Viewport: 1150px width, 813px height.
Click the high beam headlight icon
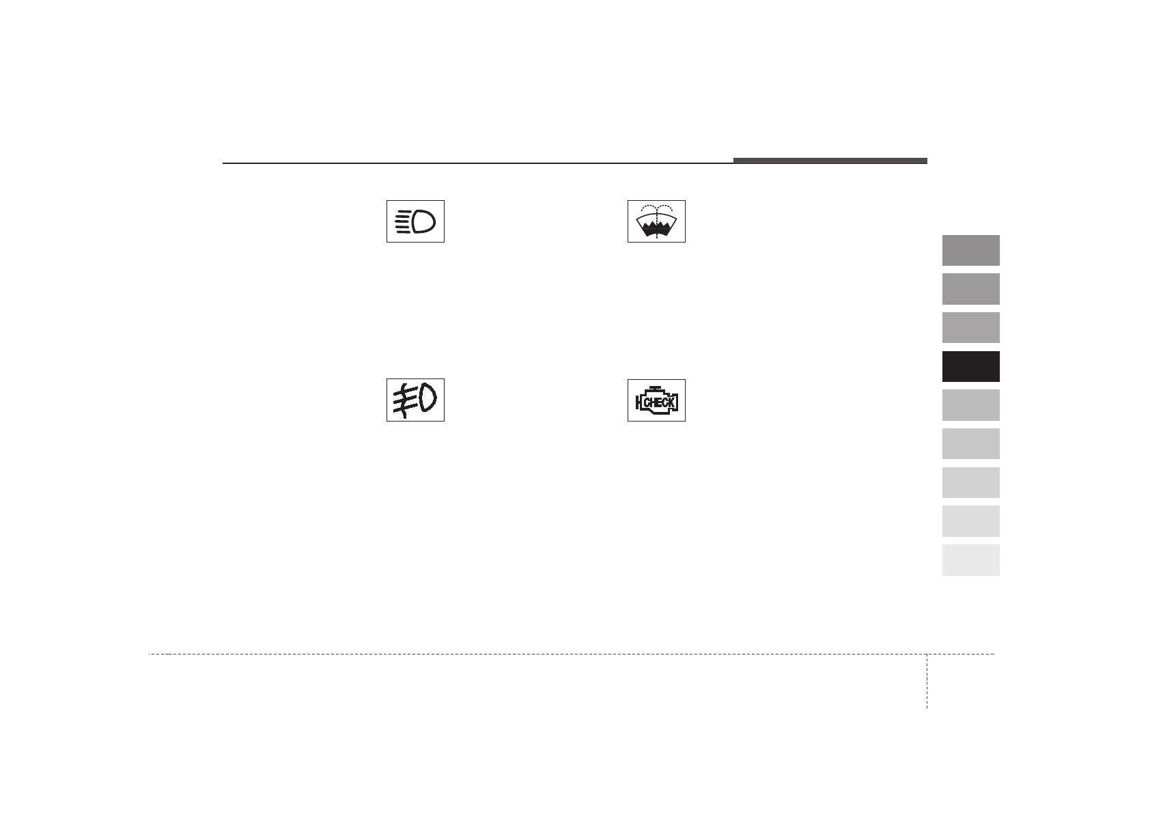(x=415, y=221)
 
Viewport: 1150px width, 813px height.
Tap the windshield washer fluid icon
(x=656, y=221)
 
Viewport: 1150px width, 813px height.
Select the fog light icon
(x=415, y=400)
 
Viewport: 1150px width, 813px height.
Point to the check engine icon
(x=656, y=400)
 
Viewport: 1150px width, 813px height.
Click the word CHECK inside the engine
(x=659, y=402)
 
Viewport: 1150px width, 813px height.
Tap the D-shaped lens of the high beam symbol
(x=423, y=222)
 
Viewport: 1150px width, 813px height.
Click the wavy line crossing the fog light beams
(x=404, y=401)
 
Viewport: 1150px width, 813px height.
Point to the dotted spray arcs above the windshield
(x=656, y=208)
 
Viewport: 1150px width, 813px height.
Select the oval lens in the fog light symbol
(x=427, y=398)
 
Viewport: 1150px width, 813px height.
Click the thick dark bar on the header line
(x=830, y=161)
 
